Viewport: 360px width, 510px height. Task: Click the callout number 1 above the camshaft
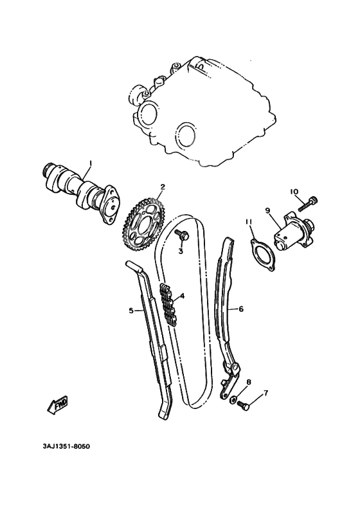[91, 163]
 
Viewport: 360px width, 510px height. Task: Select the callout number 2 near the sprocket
[163, 187]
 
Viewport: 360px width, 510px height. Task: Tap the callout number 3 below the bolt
[181, 251]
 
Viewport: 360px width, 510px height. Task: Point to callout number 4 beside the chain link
[183, 296]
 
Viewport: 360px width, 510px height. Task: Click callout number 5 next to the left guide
[131, 311]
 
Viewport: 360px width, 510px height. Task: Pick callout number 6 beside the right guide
[241, 309]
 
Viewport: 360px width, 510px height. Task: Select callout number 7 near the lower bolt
[266, 392]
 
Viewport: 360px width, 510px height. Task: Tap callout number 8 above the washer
[249, 382]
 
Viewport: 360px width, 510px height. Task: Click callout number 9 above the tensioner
[268, 210]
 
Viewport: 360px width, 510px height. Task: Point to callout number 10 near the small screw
[294, 192]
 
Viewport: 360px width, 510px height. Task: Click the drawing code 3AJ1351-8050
[62, 445]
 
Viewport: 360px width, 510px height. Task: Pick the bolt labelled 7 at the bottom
[243, 406]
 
